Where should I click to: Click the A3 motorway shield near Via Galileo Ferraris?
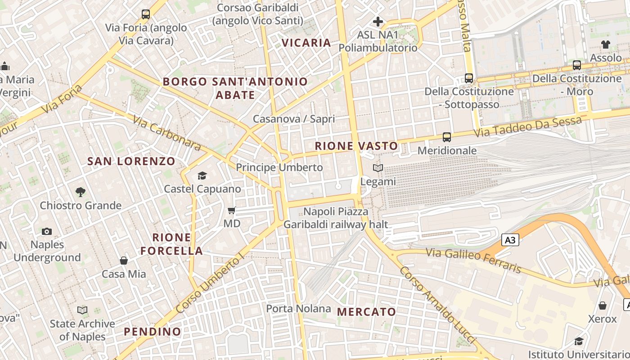tap(510, 240)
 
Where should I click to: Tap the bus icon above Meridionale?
tap(446, 137)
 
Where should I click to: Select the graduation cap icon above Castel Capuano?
tap(202, 175)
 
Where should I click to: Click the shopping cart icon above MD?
tap(232, 210)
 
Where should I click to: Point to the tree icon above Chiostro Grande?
tap(81, 192)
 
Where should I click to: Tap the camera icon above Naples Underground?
tap(47, 231)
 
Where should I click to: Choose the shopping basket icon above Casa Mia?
tap(124, 261)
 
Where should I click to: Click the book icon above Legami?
tap(378, 168)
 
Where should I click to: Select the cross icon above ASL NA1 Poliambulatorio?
tap(378, 21)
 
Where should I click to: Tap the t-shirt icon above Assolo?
tap(606, 45)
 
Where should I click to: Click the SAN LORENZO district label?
tap(131, 161)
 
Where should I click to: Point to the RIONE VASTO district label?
tap(356, 146)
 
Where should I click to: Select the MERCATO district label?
tap(366, 312)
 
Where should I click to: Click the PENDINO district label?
tap(153, 332)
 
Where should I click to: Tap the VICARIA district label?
tap(306, 43)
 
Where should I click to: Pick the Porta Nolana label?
tap(298, 309)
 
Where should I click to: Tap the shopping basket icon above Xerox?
tap(603, 306)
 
